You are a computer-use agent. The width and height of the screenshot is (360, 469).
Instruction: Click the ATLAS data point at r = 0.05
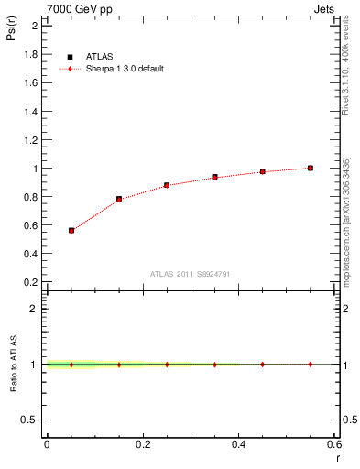[71, 231]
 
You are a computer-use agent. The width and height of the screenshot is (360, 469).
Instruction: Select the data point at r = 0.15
[119, 199]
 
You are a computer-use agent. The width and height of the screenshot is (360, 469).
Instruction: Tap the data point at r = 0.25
[167, 185]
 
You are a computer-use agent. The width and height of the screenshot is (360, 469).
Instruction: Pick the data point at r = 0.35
[214, 177]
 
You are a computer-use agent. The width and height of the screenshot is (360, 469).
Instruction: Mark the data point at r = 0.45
[262, 171]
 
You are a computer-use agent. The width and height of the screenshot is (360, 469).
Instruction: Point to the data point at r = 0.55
[311, 168]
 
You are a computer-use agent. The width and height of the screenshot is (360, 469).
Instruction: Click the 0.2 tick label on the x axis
[142, 444]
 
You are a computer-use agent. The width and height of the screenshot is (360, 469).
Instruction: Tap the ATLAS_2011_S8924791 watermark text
[190, 274]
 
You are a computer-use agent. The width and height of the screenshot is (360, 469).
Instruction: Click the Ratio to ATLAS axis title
[14, 365]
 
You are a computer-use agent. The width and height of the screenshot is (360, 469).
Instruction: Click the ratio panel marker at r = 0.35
[214, 365]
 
